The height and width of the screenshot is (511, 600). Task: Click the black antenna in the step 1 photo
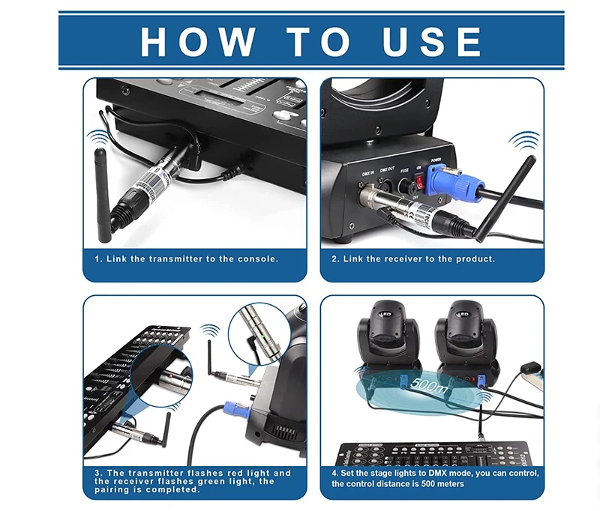pyautogui.click(x=102, y=195)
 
